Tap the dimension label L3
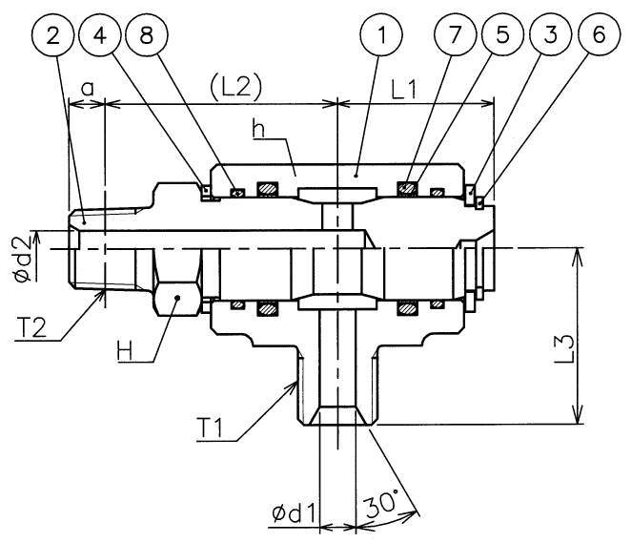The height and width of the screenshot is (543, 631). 594,354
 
